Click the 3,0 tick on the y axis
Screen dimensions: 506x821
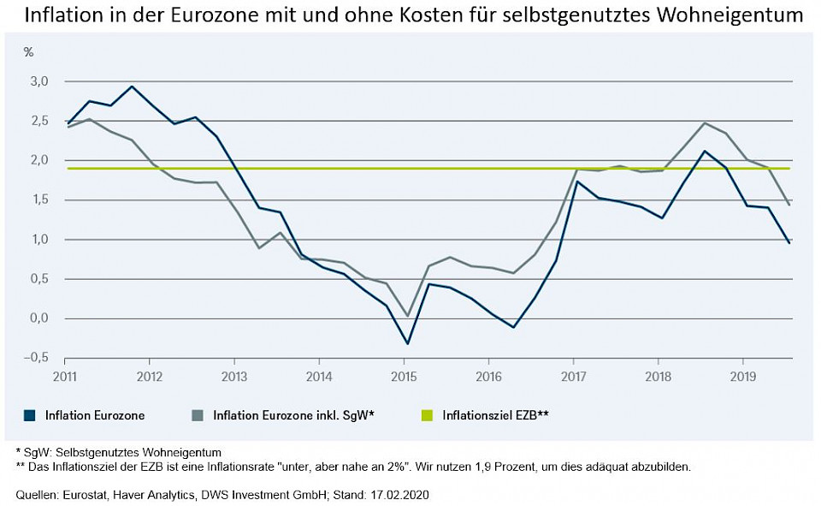[39, 81]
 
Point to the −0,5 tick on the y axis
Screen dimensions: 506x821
[38, 358]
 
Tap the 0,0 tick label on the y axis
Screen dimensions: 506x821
[39, 318]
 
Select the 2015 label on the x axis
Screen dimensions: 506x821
[404, 376]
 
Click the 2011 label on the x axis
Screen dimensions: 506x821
[66, 376]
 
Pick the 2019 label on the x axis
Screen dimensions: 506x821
[742, 376]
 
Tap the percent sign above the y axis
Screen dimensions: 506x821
[28, 52]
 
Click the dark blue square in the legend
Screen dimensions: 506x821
[28, 416]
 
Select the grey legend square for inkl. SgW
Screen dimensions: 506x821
[197, 416]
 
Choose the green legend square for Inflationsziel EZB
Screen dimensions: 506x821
[427, 416]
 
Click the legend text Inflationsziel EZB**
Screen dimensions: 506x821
[495, 416]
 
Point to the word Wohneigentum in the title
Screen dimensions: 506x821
[734, 15]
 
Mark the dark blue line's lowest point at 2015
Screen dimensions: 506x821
[408, 343]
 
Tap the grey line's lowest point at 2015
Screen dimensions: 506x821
[408, 316]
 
